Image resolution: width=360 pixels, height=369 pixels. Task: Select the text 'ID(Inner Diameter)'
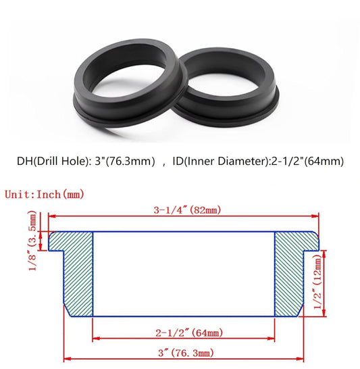point(224,161)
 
